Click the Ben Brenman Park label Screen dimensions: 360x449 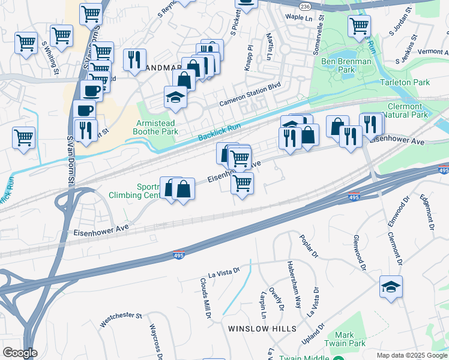point(338,65)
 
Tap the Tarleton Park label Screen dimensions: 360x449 point(404,82)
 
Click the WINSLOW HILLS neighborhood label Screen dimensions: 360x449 point(262,329)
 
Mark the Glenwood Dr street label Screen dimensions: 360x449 point(359,252)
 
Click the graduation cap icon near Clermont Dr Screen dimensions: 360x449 point(390,287)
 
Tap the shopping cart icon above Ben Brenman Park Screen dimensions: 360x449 point(359,26)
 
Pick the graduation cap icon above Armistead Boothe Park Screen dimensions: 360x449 point(175,97)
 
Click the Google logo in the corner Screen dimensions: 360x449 point(20,353)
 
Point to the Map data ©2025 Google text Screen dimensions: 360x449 point(411,355)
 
